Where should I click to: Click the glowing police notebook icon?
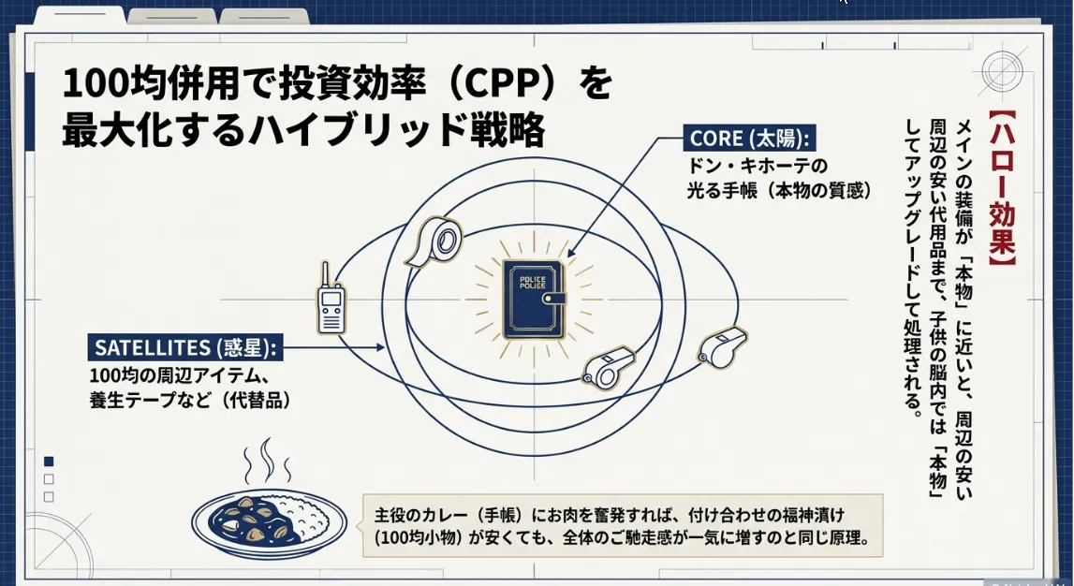tap(535, 299)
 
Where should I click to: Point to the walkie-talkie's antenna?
tap(323, 273)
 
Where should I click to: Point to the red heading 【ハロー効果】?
tap(1001, 198)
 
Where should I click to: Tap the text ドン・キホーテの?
tap(758, 167)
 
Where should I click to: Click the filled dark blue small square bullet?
tap(49, 461)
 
